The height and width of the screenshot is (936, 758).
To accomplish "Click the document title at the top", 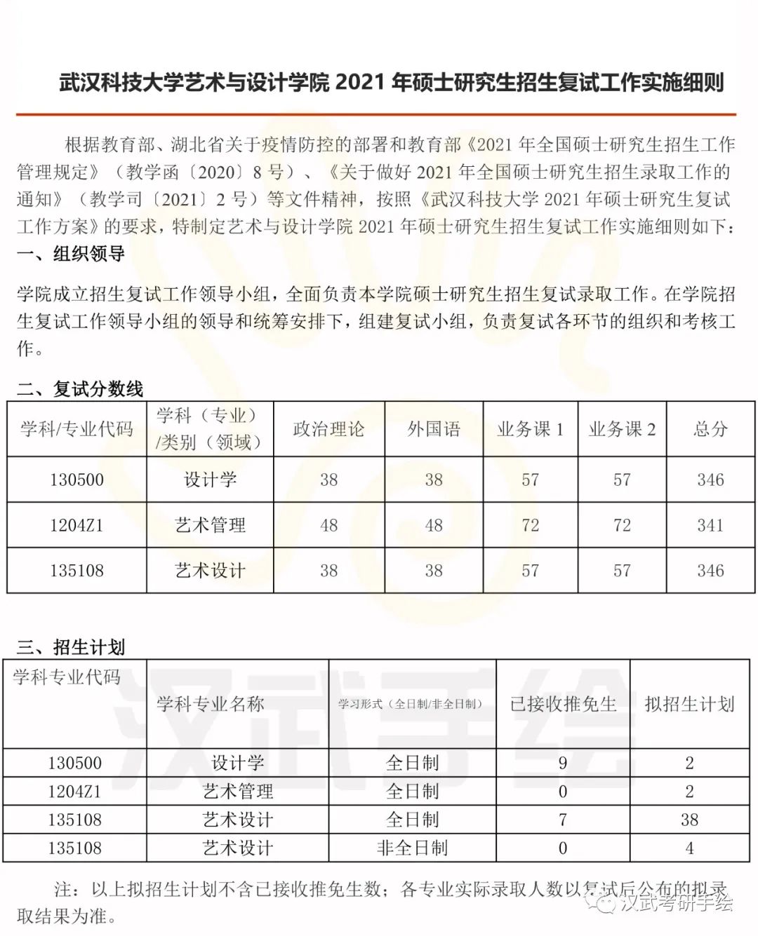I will [x=391, y=83].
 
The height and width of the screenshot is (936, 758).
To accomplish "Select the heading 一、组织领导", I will [x=70, y=254].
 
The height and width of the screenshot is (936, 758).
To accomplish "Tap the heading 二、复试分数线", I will [x=79, y=388].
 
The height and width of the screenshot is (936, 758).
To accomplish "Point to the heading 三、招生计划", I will [x=70, y=646].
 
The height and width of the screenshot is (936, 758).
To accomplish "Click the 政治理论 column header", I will [x=328, y=429].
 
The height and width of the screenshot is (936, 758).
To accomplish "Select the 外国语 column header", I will [x=434, y=429].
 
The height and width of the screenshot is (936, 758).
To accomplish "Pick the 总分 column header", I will [x=710, y=429].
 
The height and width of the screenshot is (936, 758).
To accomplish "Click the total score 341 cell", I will [x=710, y=525].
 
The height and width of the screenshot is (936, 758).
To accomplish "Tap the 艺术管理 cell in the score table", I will [x=210, y=525].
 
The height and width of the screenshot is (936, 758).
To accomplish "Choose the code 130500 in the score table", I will [x=77, y=480].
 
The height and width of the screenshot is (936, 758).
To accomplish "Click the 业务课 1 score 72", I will [x=530, y=525].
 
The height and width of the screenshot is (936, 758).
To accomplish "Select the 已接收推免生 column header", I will [x=563, y=704].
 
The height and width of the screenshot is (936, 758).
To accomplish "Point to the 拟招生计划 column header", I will [x=689, y=704].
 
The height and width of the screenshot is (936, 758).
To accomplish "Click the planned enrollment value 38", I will [x=689, y=820].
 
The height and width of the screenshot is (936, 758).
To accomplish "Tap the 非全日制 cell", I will [x=412, y=848].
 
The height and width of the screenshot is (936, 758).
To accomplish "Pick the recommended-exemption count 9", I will [x=563, y=763].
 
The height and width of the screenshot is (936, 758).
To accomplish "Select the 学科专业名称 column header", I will [x=210, y=704].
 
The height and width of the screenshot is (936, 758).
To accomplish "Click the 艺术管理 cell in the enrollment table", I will [x=237, y=792].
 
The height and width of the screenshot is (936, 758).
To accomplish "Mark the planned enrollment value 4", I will [x=689, y=848].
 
